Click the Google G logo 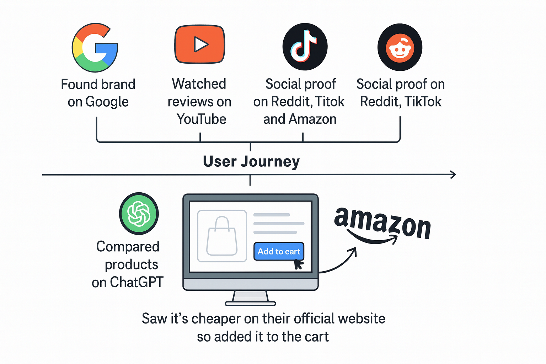point(95,48)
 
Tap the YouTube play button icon point(200,44)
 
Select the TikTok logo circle point(305,47)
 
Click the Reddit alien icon point(400,47)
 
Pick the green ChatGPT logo point(139,213)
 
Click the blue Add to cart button point(279,251)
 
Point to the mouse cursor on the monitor point(298,264)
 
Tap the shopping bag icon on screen point(222,236)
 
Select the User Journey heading point(251,161)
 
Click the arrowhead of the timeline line point(453,175)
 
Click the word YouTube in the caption point(202,119)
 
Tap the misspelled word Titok point(330,102)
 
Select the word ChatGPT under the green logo point(136,282)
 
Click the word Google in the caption point(107,102)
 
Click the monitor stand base point(250,303)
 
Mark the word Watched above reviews point(199,84)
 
